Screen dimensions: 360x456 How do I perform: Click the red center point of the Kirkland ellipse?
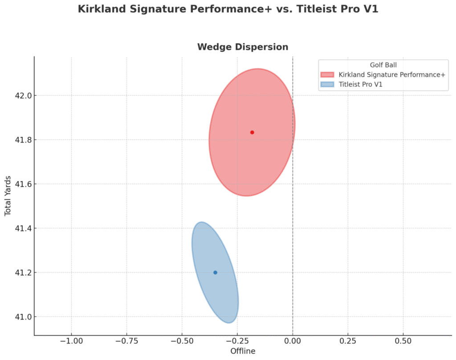coord(252,132)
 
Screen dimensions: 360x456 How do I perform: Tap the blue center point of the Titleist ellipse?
coord(215,272)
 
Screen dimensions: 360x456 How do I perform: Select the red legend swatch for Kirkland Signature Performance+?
coord(327,74)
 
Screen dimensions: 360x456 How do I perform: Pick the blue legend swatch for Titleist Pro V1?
coord(327,84)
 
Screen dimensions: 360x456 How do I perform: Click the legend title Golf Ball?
coord(383,65)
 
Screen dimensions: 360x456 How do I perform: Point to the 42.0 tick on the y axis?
coord(19,95)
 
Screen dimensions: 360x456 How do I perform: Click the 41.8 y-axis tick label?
coord(19,140)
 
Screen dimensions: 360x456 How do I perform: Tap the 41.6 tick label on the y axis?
coord(19,184)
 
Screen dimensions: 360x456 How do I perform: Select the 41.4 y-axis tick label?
coord(19,228)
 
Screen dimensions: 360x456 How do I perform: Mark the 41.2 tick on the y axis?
coord(19,272)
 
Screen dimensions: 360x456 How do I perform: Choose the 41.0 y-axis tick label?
coord(19,317)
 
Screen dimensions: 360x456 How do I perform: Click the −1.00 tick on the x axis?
coord(71,341)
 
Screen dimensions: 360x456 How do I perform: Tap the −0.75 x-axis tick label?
coord(126,341)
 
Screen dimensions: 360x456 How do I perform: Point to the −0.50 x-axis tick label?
coord(182,341)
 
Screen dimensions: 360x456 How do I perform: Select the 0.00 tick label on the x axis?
coord(293,341)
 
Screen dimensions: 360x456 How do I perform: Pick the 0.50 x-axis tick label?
coord(403,341)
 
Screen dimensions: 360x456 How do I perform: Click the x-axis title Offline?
coord(243,351)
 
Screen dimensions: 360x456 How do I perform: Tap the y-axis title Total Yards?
coord(8,196)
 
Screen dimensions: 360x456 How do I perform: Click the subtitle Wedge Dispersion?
coord(243,47)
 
